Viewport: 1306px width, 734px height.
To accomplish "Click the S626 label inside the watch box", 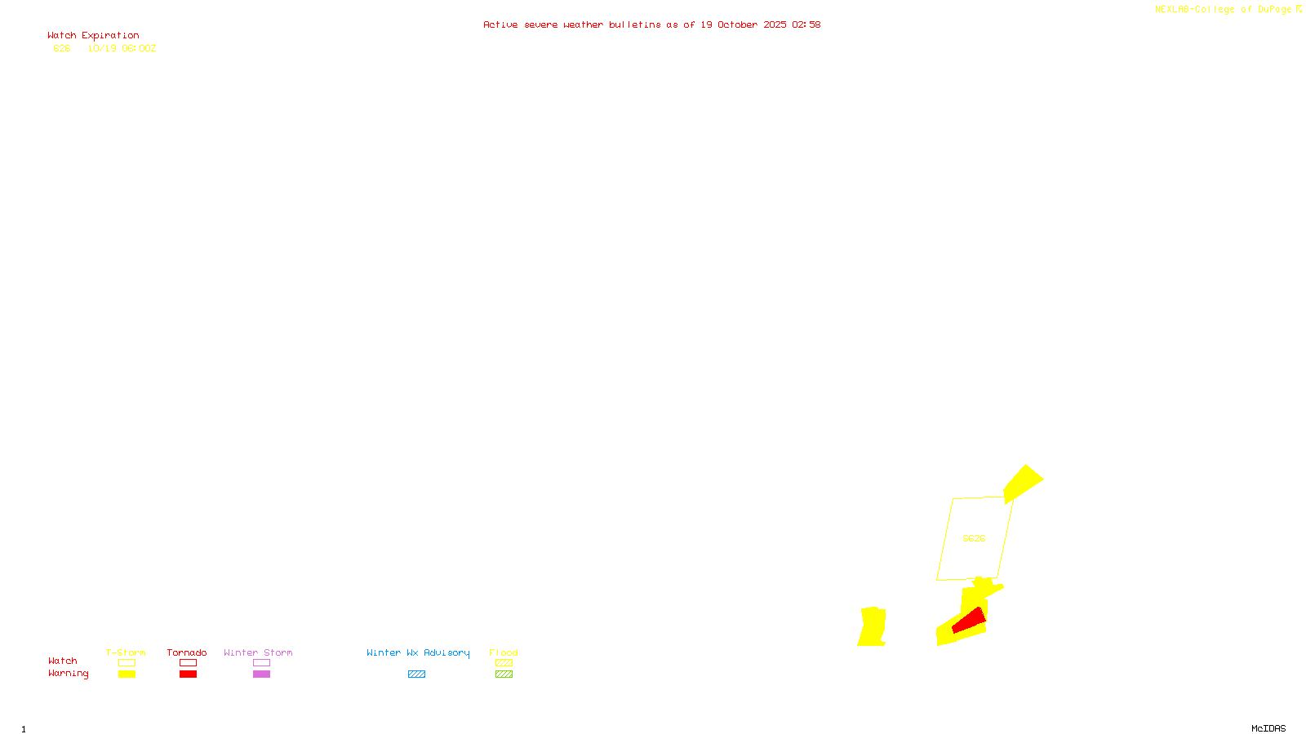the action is pyautogui.click(x=974, y=538).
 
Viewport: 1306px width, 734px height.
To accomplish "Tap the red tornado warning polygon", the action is pyautogui.click(x=970, y=621).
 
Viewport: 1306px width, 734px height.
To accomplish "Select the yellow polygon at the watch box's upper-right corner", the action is pyautogui.click(x=1022, y=483).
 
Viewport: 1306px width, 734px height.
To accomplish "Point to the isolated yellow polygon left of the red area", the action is pyautogui.click(x=873, y=627).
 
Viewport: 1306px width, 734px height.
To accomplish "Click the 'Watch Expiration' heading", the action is pyautogui.click(x=93, y=36).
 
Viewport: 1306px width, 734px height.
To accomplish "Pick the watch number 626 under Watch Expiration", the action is pyautogui.click(x=62, y=49).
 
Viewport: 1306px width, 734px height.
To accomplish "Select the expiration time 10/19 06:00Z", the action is pyautogui.click(x=122, y=49).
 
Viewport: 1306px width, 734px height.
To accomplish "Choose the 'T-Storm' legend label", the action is pyautogui.click(x=126, y=652).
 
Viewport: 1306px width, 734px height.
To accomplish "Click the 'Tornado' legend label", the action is pyautogui.click(x=187, y=652).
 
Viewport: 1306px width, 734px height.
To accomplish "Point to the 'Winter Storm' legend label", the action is pyautogui.click(x=258, y=652).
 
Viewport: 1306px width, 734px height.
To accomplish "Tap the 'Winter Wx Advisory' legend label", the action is pyautogui.click(x=418, y=652).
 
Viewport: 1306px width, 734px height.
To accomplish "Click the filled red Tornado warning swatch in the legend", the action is pyautogui.click(x=189, y=674).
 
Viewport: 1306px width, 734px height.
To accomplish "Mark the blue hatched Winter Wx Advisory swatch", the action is pyautogui.click(x=416, y=674).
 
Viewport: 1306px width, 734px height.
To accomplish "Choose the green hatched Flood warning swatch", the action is pyautogui.click(x=504, y=674).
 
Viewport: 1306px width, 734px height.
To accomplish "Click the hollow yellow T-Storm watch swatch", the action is pyautogui.click(x=127, y=663).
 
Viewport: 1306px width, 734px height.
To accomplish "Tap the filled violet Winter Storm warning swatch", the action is pyautogui.click(x=261, y=674).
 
